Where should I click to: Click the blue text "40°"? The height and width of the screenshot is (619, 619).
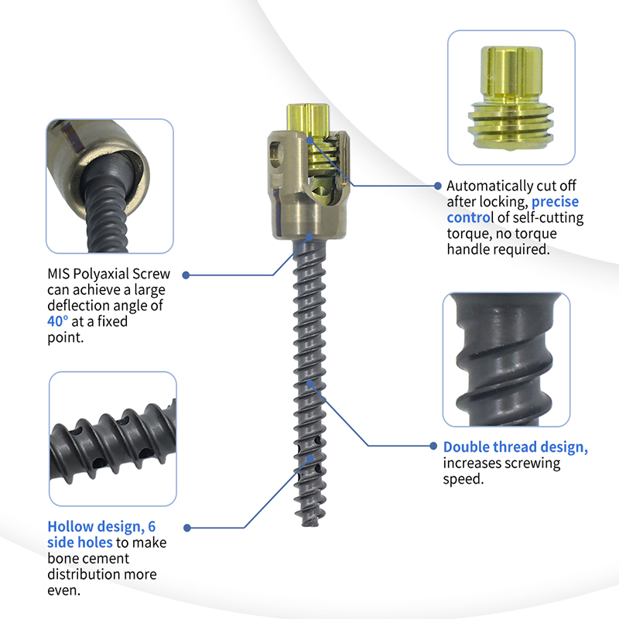pyautogui.click(x=57, y=321)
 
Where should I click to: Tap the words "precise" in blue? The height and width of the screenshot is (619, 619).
pyautogui.click(x=555, y=202)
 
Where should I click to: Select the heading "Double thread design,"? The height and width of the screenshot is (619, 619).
pyautogui.click(x=515, y=447)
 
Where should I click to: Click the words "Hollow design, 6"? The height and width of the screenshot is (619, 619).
pyautogui.click(x=101, y=527)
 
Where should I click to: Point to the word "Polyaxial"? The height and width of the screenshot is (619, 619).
pyautogui.click(x=101, y=274)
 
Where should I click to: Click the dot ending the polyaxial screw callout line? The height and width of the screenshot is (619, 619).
pyautogui.click(x=186, y=275)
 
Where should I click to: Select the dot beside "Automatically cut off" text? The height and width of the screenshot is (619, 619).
pyautogui.click(x=437, y=186)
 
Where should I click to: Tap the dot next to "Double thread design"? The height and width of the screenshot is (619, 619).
pyautogui.click(x=433, y=446)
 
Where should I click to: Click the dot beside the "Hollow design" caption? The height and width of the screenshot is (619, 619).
pyautogui.click(x=187, y=528)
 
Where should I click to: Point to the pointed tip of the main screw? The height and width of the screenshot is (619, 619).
pyautogui.click(x=310, y=525)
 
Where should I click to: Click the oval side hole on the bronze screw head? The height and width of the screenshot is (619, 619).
pyautogui.click(x=275, y=154)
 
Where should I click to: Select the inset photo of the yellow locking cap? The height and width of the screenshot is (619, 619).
pyautogui.click(x=511, y=97)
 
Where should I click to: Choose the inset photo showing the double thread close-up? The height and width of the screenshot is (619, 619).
pyautogui.click(x=507, y=360)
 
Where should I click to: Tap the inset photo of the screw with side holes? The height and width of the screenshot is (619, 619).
pyautogui.click(x=113, y=439)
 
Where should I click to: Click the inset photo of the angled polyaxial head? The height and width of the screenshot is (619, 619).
pyautogui.click(x=110, y=186)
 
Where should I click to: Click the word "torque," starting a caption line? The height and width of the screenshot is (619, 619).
pyautogui.click(x=468, y=234)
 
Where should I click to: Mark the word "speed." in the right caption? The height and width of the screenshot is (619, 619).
pyautogui.click(x=463, y=479)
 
